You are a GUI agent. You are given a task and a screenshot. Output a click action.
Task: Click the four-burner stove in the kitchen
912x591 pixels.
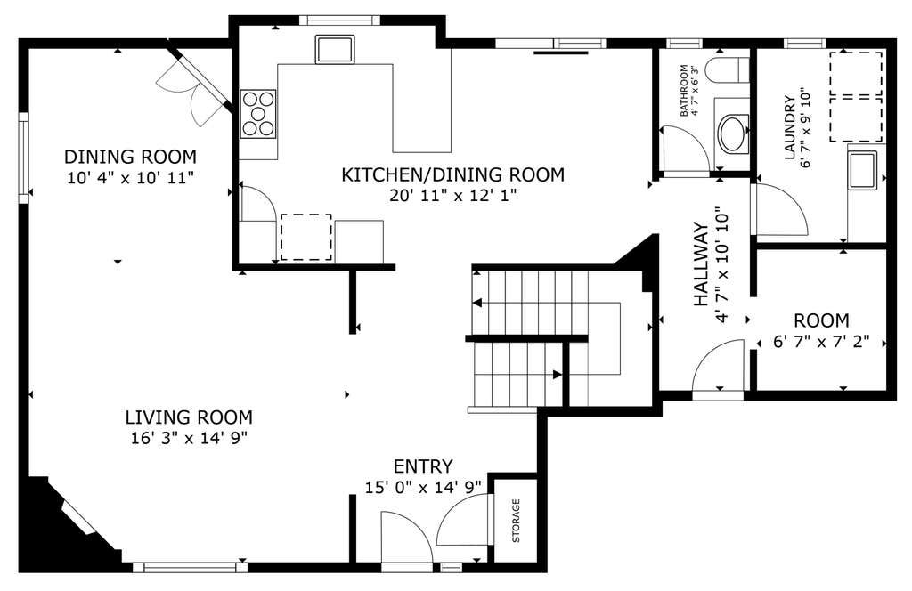click(258, 114)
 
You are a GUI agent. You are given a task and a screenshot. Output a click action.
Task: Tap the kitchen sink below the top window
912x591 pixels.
click(335, 49)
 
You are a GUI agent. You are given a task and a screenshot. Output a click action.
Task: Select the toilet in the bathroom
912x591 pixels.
click(727, 70)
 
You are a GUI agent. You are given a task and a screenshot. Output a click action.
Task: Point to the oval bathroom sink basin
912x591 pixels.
click(732, 134)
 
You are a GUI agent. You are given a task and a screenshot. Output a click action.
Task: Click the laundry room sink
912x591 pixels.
click(863, 171)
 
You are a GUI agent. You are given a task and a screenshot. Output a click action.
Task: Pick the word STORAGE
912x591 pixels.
click(516, 521)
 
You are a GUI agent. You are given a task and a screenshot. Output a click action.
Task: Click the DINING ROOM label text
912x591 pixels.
click(130, 157)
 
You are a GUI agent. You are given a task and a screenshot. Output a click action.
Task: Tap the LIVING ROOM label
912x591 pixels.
click(189, 417)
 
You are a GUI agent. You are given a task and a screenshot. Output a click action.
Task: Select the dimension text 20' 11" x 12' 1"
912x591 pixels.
click(453, 195)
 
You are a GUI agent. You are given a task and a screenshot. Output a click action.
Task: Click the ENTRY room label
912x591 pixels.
click(423, 466)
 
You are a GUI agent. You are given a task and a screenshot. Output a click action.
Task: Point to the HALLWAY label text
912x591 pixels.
click(702, 264)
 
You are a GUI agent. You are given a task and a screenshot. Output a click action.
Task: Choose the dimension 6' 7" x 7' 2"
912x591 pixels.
click(821, 342)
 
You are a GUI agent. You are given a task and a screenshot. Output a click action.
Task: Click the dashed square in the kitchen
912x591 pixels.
click(306, 237)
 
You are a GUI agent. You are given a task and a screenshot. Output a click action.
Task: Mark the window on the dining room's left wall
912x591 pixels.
click(24, 158)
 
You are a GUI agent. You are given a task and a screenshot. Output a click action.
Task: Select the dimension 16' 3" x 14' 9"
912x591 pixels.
click(190, 438)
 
